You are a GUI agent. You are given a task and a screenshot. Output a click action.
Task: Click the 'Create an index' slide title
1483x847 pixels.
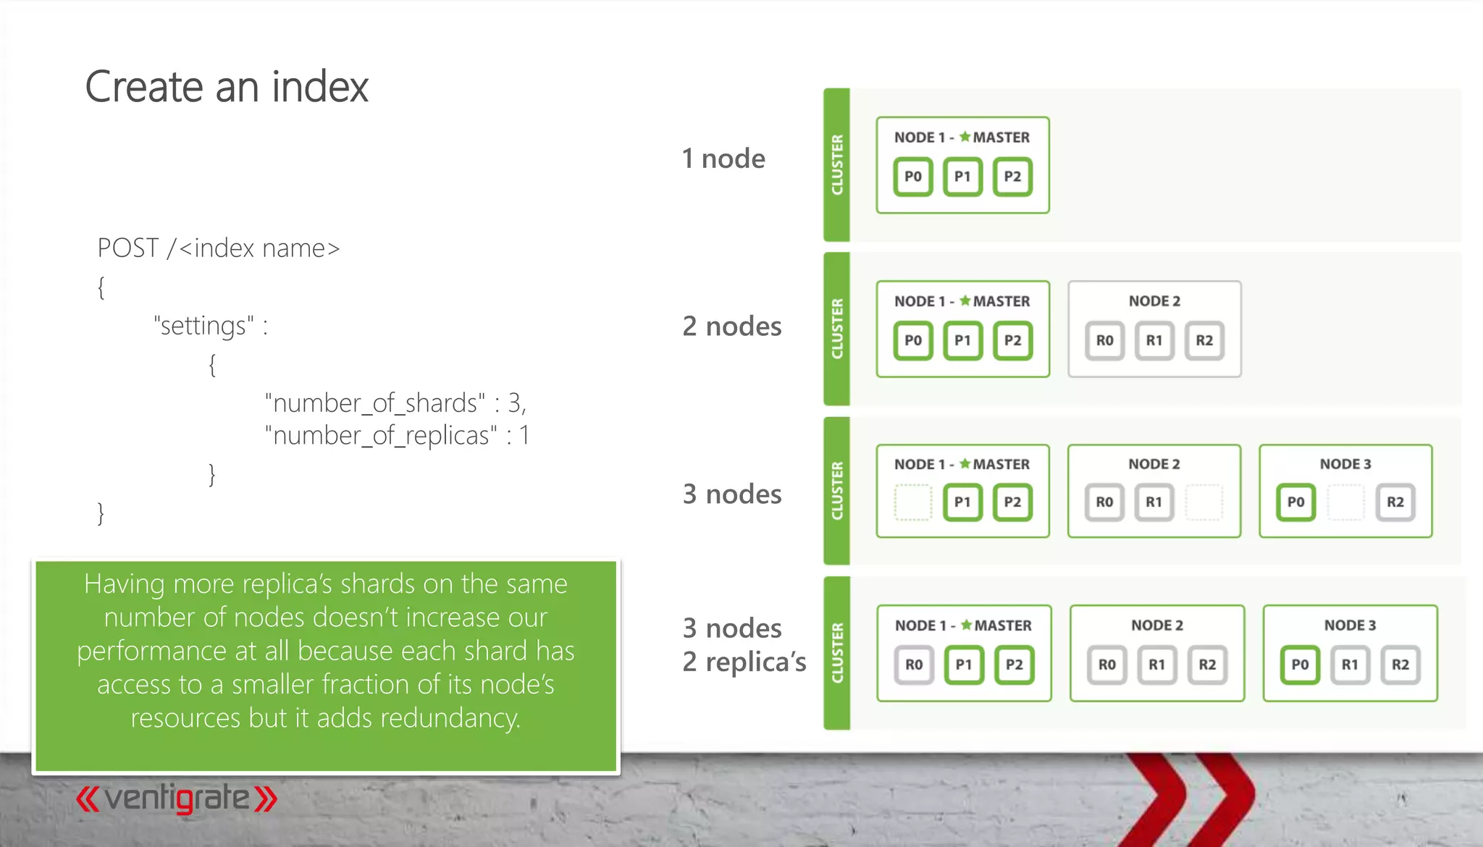(x=227, y=87)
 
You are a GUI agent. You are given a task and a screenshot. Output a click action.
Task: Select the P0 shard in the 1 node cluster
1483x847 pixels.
(x=913, y=177)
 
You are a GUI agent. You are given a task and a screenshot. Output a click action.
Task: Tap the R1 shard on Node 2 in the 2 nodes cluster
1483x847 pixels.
(x=1154, y=340)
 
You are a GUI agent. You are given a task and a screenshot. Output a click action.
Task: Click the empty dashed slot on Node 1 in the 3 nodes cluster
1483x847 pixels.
(x=912, y=502)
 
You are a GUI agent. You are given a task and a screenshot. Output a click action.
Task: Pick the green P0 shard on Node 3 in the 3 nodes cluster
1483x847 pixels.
(x=1295, y=502)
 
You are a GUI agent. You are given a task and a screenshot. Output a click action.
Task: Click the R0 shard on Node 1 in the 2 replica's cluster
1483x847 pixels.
(x=914, y=665)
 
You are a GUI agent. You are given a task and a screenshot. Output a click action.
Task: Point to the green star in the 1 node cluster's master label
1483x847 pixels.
(x=965, y=137)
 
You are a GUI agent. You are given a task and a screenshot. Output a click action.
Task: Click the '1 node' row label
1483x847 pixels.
(x=723, y=159)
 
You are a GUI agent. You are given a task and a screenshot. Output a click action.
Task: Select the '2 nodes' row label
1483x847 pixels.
(x=732, y=326)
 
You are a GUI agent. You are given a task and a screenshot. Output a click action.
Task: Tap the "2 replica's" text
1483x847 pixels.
(x=744, y=662)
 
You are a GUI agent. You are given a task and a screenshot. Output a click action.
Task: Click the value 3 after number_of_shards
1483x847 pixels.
(x=514, y=403)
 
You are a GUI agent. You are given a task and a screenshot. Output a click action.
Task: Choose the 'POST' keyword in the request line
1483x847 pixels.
(x=128, y=248)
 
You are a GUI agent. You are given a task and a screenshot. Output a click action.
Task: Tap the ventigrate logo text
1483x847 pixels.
(x=177, y=798)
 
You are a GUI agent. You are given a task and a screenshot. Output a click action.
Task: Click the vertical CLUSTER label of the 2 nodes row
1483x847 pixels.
(x=837, y=329)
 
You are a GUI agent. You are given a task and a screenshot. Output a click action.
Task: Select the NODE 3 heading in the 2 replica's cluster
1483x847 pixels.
(x=1350, y=625)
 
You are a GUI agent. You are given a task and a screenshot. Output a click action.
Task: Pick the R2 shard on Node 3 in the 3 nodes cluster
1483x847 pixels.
(x=1395, y=502)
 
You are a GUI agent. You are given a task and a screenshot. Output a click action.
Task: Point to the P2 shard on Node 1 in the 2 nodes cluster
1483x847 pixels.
(x=1012, y=340)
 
